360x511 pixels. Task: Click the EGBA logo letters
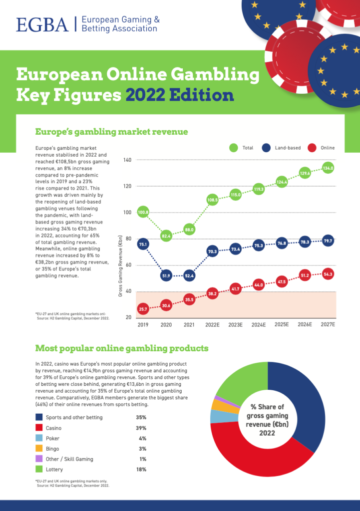(42, 24)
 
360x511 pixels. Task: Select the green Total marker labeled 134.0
(328, 168)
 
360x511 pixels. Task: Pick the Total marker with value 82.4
(166, 235)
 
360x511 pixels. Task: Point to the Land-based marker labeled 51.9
(166, 275)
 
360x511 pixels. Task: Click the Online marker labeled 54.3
(328, 273)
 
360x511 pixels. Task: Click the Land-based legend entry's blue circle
(266, 148)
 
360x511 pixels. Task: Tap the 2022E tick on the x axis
(213, 324)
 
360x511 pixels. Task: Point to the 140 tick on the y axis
(126, 160)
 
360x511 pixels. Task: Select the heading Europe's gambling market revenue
(111, 132)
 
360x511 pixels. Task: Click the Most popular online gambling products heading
(121, 348)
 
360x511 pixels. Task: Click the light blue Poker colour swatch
(39, 438)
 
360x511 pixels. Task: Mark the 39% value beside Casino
(141, 428)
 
